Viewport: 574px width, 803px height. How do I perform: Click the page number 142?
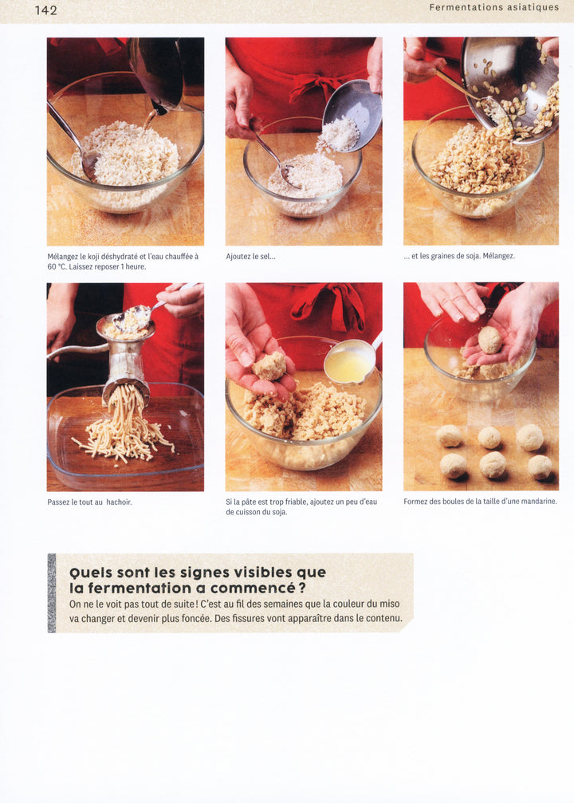coord(45,10)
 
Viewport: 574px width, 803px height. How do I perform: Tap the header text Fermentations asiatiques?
coord(494,8)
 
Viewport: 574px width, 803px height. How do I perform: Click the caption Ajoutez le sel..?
coord(250,257)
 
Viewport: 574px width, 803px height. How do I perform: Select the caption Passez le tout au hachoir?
coord(89,502)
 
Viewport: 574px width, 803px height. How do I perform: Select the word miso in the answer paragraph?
coord(389,604)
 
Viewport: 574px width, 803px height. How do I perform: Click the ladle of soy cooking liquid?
coord(348,362)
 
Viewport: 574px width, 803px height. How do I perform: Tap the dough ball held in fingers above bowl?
coord(269,366)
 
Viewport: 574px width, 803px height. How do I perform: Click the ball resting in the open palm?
coord(489,340)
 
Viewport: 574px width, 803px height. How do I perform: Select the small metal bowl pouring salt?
coord(352,114)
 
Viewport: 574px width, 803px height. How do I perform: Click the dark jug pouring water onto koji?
coord(157,74)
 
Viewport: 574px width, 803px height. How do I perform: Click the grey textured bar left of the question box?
coord(52,593)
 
